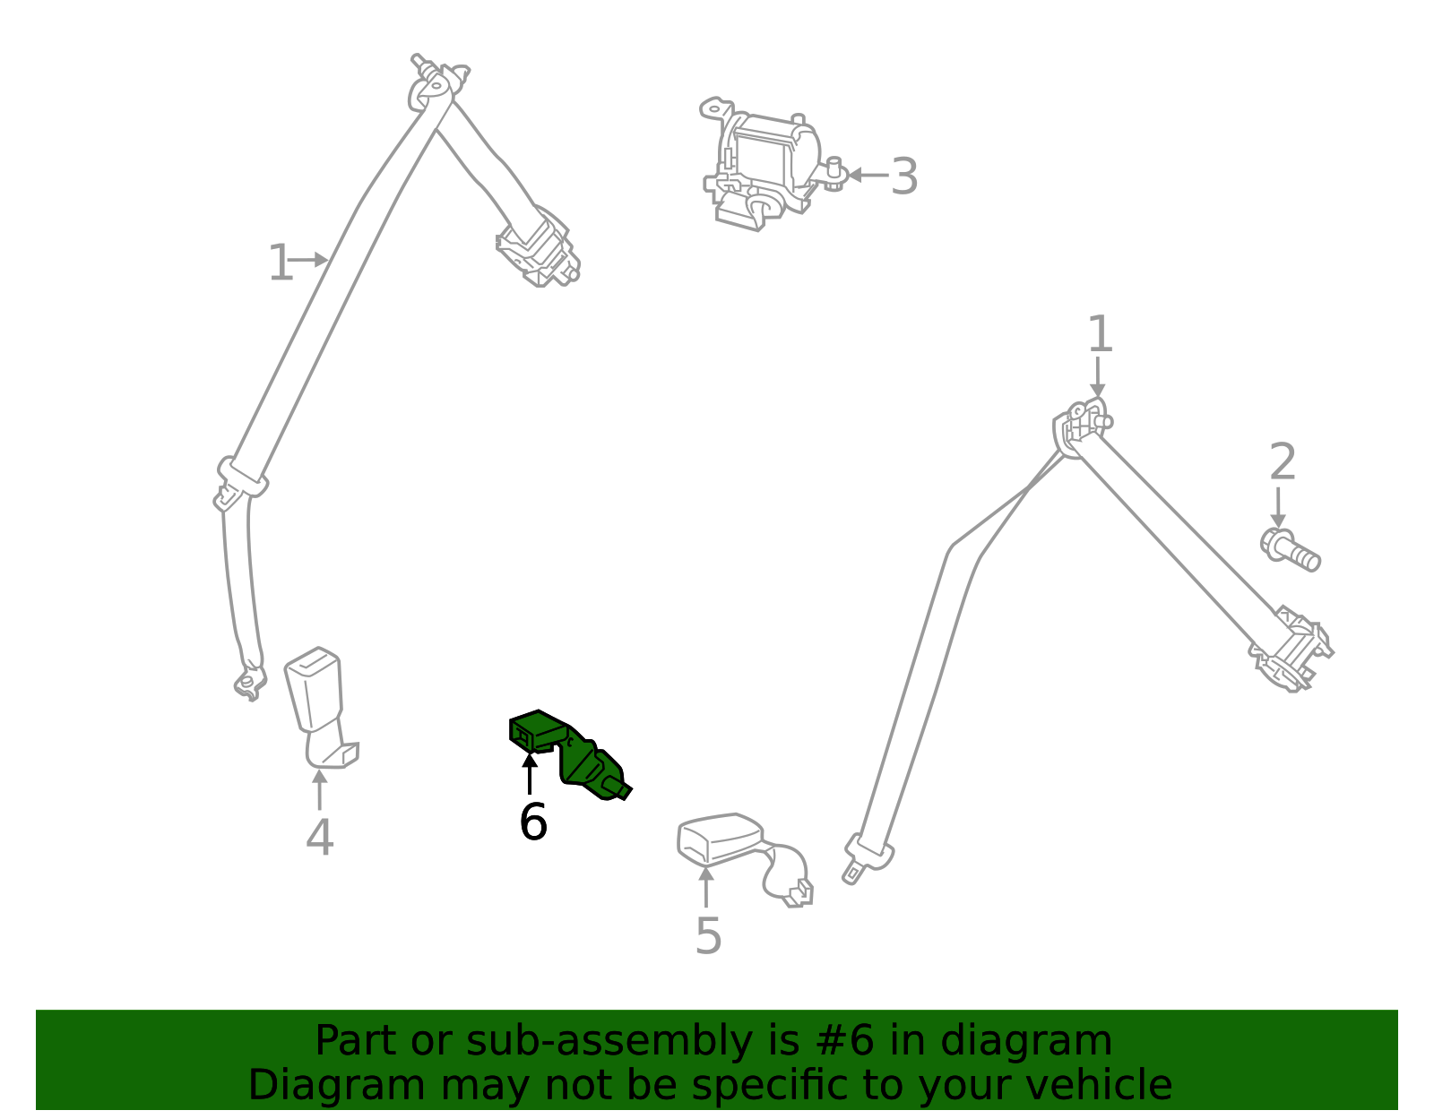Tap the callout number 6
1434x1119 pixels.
tap(532, 822)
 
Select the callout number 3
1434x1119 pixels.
tap(904, 176)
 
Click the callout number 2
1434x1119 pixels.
tap(1283, 462)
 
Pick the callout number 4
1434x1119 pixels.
tap(320, 838)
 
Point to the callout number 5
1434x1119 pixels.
tap(708, 936)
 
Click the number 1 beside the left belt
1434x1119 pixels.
tap(280, 263)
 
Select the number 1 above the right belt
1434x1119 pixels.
tap(1100, 335)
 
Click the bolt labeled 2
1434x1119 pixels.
tap(1291, 549)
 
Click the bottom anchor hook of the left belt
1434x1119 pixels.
tap(249, 683)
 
